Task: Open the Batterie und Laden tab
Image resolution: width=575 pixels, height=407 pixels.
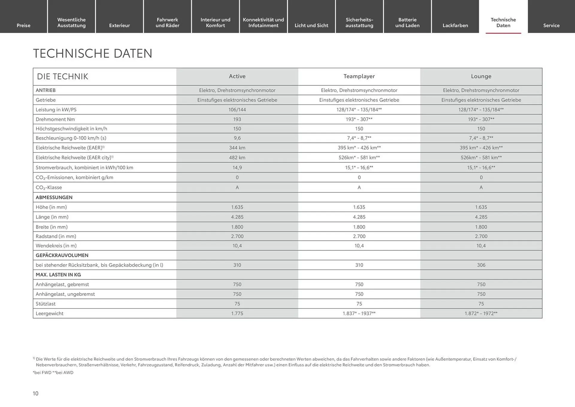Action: (x=407, y=22)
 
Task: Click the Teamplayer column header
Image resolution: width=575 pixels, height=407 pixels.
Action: (x=359, y=76)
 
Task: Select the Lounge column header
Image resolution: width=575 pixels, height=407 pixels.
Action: (x=481, y=76)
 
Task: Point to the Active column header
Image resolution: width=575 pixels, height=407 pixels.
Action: (x=237, y=76)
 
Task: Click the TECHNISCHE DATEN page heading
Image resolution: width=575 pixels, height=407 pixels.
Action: (x=93, y=54)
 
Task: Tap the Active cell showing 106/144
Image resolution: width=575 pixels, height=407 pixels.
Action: (x=237, y=110)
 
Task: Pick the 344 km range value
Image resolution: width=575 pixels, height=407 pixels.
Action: (x=237, y=148)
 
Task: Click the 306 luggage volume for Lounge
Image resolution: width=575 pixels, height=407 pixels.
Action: (x=481, y=265)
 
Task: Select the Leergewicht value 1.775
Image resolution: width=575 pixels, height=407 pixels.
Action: (x=237, y=313)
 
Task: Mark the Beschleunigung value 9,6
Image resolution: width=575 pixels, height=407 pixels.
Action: (x=237, y=138)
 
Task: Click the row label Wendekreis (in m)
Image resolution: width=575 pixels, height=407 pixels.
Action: (x=56, y=246)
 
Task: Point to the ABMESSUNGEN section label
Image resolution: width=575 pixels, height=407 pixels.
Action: (x=54, y=198)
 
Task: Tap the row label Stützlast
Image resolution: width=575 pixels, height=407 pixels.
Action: (x=46, y=304)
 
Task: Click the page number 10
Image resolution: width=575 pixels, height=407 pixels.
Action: (x=36, y=394)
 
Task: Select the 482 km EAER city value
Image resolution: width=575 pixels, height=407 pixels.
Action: (x=237, y=158)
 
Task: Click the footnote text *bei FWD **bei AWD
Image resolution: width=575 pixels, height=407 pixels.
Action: (x=53, y=373)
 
